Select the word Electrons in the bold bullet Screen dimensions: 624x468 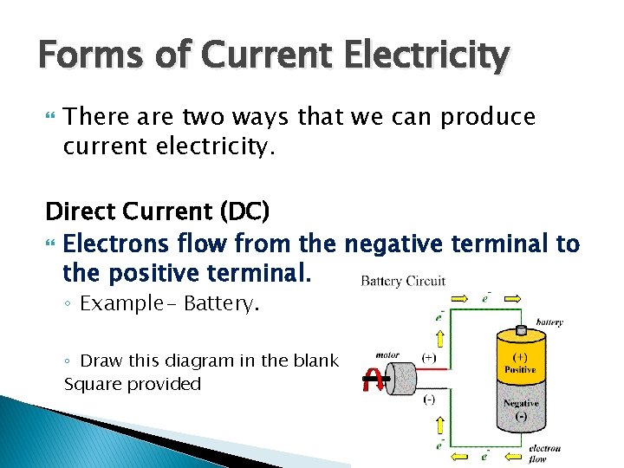[x=118, y=244]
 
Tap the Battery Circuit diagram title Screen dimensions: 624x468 [x=403, y=281]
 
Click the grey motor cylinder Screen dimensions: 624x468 [x=391, y=379]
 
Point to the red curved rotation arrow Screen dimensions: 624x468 [x=373, y=379]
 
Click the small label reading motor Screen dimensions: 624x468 [x=387, y=354]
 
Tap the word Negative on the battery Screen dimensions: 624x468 [x=521, y=403]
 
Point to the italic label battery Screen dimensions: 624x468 [x=549, y=322]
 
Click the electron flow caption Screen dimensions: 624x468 [x=546, y=452]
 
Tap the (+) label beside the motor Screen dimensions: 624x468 [x=428, y=358]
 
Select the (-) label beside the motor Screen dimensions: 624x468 [x=428, y=400]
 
